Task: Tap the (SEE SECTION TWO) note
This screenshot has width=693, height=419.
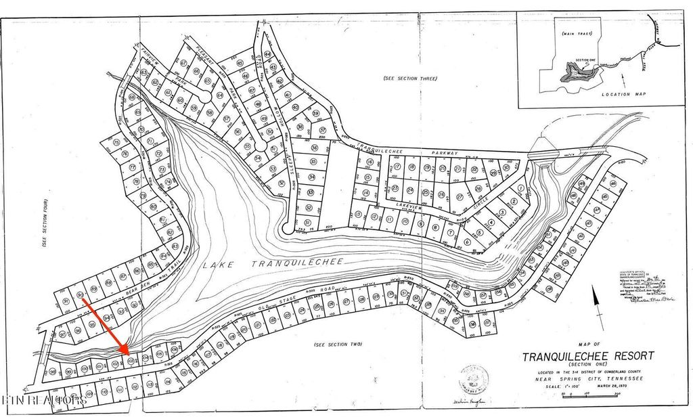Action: (338, 345)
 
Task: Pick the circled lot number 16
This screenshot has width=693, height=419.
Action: (370, 162)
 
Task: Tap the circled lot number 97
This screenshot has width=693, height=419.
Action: (62, 334)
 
